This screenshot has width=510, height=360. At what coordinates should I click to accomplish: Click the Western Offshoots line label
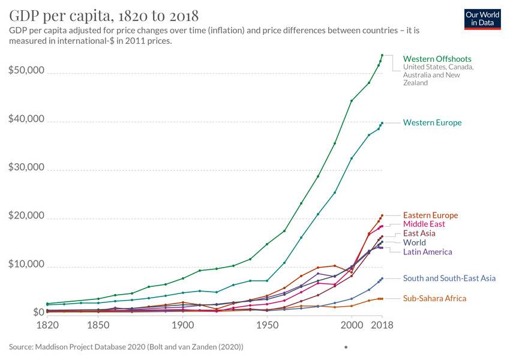click(437, 59)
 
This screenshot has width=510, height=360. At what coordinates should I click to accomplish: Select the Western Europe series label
click(432, 122)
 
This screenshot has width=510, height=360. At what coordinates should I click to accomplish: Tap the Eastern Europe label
click(430, 215)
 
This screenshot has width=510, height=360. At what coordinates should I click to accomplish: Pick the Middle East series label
click(424, 224)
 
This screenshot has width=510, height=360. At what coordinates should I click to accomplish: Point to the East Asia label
click(419, 233)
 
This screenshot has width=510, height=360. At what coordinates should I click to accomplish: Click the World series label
click(415, 242)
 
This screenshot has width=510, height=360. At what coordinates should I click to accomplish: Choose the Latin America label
click(427, 251)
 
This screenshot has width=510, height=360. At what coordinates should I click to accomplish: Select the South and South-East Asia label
click(449, 278)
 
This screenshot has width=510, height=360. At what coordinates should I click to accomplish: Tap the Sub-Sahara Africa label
click(434, 298)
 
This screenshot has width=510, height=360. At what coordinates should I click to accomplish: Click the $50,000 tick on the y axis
click(26, 70)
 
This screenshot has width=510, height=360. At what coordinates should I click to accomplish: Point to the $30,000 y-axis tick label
click(26, 167)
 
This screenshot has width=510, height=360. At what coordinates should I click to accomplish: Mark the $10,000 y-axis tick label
click(26, 265)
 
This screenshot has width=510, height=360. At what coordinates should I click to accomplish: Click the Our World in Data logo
click(483, 19)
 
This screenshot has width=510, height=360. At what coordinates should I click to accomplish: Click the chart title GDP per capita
click(104, 15)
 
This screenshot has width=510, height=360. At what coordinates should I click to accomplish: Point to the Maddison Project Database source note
click(126, 347)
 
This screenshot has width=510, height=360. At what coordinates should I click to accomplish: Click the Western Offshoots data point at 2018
click(382, 55)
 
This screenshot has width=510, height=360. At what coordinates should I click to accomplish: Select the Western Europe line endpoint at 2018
click(382, 123)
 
